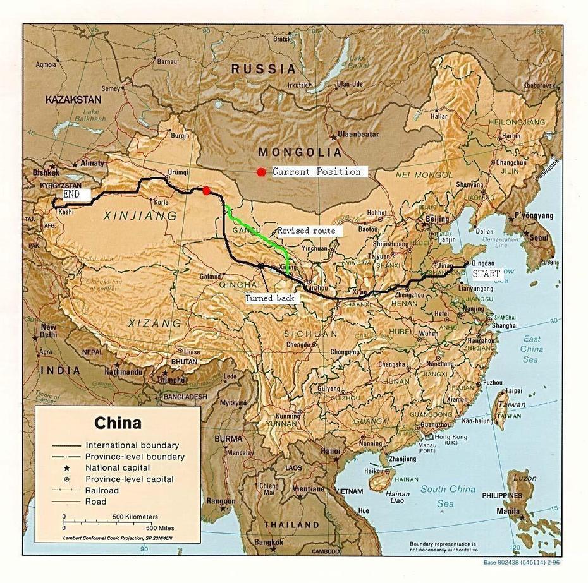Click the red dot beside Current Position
point(261,172)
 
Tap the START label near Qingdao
point(487,274)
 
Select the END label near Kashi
point(71,195)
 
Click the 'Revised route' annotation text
point(307,231)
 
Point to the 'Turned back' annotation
point(270,298)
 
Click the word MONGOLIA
point(300,152)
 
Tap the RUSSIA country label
point(263,69)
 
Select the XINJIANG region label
point(139,216)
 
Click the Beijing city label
point(438,219)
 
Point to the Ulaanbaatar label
point(358,135)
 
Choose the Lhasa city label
point(192,352)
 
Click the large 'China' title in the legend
point(118,423)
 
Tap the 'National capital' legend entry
point(118,468)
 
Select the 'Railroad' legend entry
point(102,491)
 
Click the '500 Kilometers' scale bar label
point(135,517)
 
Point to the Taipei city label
point(513,390)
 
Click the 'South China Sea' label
point(448,496)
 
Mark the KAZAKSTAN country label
point(73,100)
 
